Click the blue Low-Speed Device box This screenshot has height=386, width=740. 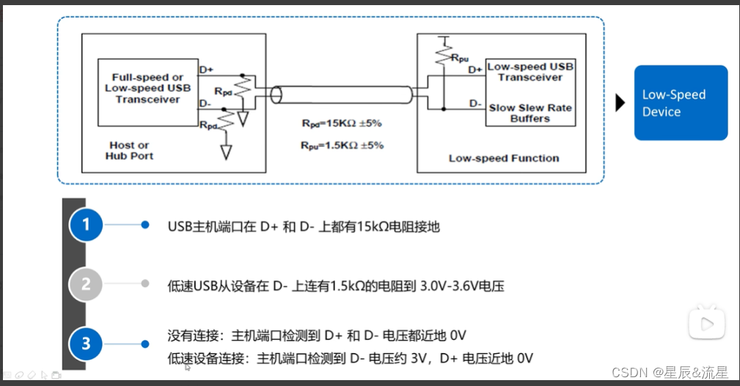[681, 103]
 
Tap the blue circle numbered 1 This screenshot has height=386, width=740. [87, 225]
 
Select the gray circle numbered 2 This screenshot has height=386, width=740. [87, 283]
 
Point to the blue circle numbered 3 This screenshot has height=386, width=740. [87, 344]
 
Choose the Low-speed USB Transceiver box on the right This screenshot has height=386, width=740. [530, 71]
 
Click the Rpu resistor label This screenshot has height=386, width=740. [460, 56]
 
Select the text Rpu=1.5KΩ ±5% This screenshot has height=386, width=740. [342, 144]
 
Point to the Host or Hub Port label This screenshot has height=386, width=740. [129, 150]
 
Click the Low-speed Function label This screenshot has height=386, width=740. [504, 157]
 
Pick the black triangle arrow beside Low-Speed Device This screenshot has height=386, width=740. [620, 103]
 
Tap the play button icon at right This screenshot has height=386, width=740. [707, 323]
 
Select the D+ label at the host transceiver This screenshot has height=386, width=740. [206, 70]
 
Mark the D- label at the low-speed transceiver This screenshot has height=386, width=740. [476, 103]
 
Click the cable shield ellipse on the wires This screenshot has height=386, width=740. [277, 95]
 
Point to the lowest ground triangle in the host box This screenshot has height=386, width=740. [226, 152]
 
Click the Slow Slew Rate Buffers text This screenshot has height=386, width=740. [530, 113]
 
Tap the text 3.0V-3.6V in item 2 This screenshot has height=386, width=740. [450, 286]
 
